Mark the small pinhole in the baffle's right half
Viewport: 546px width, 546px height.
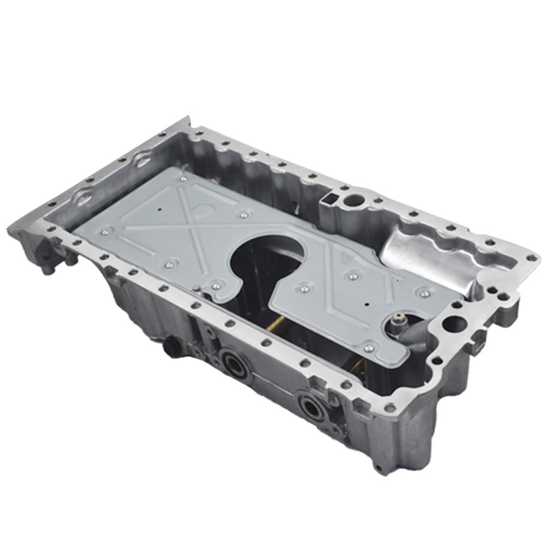[366, 302]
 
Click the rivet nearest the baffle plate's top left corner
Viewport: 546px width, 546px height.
[184, 179]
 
